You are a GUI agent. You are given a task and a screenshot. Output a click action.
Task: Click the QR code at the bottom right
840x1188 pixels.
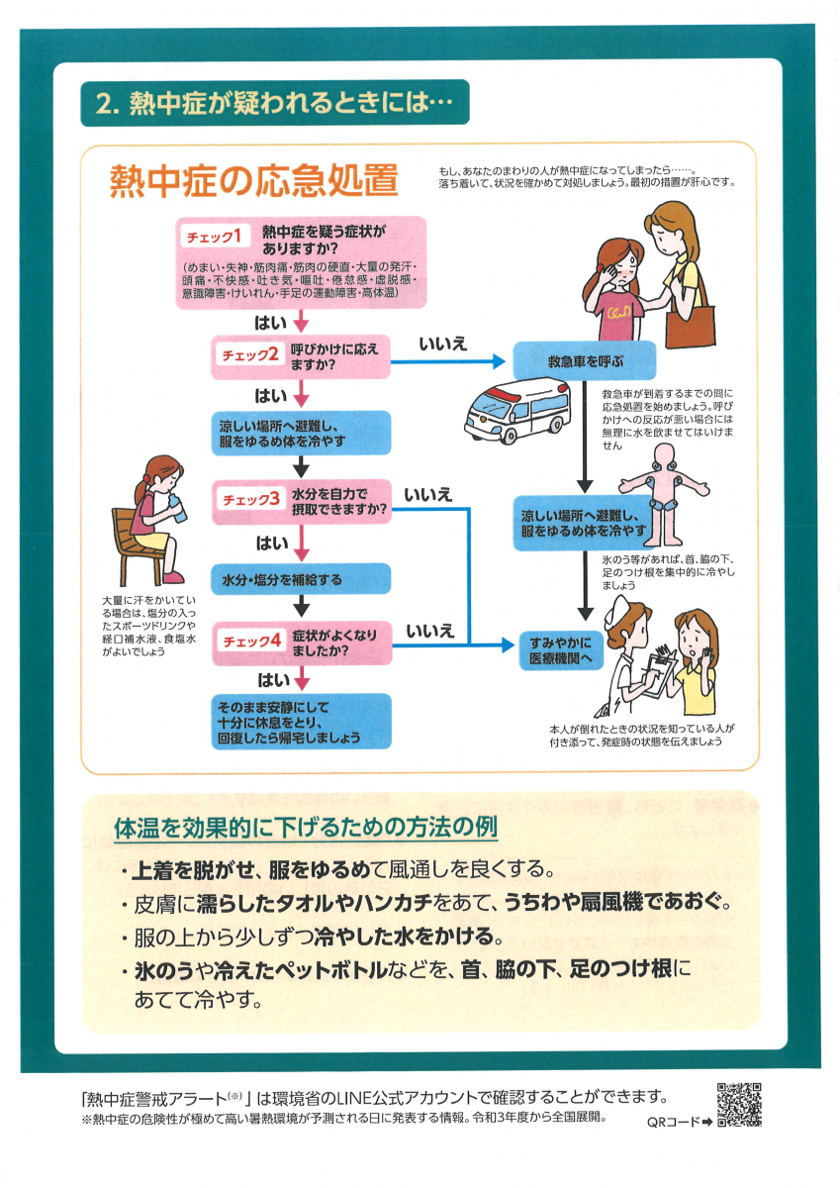739,1104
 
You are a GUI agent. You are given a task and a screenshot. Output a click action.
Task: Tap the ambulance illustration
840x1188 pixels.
516,411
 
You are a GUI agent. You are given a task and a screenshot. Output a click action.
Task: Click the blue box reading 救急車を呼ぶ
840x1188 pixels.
585,361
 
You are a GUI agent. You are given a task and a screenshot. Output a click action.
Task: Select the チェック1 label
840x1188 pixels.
214,236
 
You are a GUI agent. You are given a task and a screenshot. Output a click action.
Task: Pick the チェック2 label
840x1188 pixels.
249,354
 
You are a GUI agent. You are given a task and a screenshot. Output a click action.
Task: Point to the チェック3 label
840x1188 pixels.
250,499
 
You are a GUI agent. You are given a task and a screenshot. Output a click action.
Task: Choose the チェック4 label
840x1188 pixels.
251,641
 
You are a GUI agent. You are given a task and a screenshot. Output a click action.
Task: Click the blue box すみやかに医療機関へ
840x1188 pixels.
561,650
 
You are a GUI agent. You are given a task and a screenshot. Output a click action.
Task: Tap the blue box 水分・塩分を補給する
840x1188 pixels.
301,578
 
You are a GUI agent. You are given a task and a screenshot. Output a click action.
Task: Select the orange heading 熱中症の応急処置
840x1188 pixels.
253,180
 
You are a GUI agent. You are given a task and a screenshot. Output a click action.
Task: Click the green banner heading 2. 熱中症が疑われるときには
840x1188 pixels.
274,102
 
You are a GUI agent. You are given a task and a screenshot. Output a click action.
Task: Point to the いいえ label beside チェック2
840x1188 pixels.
442,344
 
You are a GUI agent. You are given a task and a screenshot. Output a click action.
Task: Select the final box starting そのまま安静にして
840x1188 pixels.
301,722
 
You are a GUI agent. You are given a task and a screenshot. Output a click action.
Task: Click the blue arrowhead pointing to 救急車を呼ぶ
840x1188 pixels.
500,361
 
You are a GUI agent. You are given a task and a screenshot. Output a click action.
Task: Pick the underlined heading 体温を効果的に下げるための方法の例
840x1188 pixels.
306,828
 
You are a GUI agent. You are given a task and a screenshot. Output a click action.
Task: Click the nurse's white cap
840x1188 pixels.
619,608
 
